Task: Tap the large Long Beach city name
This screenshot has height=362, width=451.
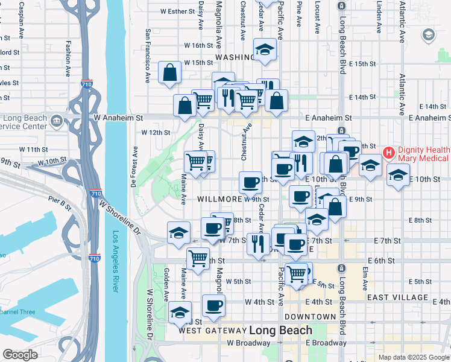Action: click(280, 330)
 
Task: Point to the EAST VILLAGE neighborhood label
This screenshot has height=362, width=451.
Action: click(396, 297)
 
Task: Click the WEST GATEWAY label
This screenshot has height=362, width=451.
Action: click(212, 331)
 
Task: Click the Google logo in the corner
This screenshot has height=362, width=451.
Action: click(20, 355)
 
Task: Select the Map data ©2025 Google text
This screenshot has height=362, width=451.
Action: click(413, 357)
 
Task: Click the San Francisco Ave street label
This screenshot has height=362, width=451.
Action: click(147, 56)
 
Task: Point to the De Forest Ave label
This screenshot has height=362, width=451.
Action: click(133, 167)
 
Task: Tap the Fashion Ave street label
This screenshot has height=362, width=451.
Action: click(69, 59)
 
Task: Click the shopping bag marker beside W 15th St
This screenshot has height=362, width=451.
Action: click(170, 72)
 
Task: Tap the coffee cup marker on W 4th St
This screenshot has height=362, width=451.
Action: click(213, 306)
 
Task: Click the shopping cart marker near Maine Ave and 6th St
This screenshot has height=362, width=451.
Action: click(198, 258)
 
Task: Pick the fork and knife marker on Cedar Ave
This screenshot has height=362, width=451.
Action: click(258, 244)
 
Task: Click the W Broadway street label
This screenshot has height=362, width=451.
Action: click(248, 343)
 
